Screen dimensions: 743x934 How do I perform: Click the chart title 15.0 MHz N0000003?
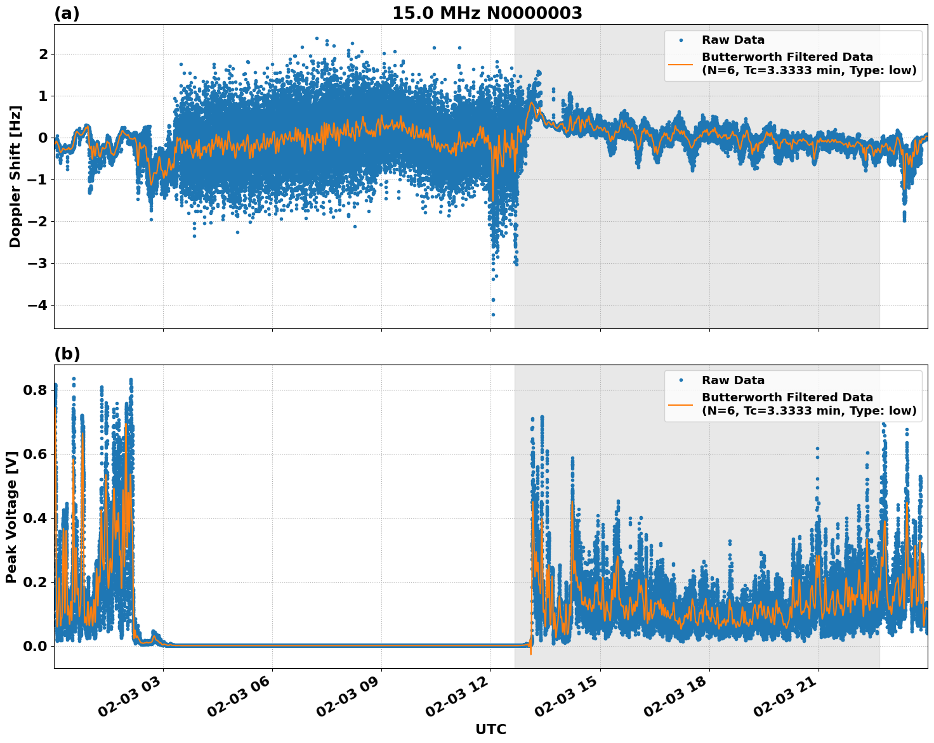point(487,13)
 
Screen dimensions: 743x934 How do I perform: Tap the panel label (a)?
point(67,13)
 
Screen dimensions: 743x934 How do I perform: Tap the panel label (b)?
point(67,354)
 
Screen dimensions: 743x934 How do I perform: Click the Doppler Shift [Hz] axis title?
point(15,176)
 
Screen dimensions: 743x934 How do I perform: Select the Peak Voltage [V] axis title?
point(11,517)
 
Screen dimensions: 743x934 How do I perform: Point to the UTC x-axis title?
point(490,729)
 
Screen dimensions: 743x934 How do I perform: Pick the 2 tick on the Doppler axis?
point(43,55)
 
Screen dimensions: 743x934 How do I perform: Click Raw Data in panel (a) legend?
point(733,41)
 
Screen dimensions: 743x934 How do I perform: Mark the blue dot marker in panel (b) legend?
point(681,380)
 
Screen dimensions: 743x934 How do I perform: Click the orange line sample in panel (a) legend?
point(681,63)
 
